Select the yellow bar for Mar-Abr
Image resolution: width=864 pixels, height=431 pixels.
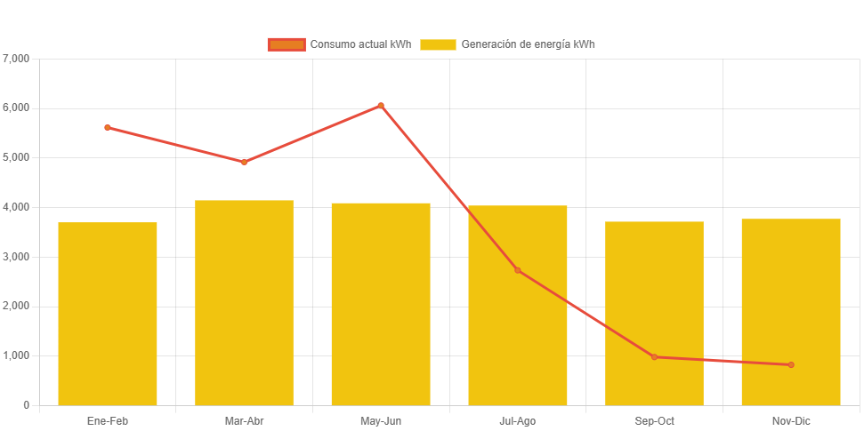(244, 302)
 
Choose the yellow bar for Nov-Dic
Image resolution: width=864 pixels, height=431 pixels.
(791, 312)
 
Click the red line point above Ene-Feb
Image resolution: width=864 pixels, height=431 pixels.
(108, 127)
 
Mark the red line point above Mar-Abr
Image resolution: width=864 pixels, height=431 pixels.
(244, 162)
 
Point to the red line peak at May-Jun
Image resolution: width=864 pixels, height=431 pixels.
(381, 106)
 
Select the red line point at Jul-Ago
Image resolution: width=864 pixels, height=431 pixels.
(517, 270)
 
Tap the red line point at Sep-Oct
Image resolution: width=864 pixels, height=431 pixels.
(654, 357)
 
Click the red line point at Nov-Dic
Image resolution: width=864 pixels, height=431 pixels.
(791, 365)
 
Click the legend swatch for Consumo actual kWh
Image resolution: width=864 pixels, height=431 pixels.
(287, 44)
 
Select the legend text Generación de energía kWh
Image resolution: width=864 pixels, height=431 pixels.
(529, 44)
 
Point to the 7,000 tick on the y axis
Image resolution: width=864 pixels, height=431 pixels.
(17, 59)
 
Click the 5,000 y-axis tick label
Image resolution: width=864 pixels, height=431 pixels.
(17, 157)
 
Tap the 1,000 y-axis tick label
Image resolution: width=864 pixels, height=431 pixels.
(17, 355)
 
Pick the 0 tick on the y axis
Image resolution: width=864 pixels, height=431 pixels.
(27, 405)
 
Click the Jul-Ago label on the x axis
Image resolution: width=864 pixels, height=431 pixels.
(517, 421)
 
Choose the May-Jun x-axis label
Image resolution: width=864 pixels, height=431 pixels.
(381, 421)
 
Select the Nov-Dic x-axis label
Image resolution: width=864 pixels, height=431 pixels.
(791, 421)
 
